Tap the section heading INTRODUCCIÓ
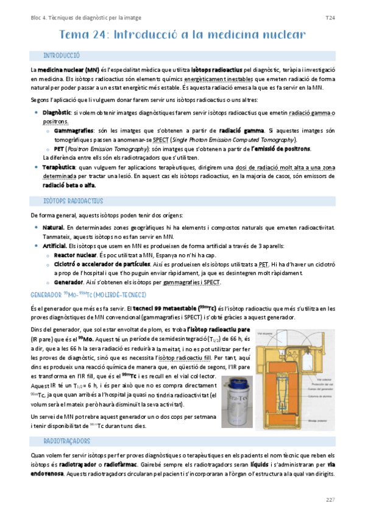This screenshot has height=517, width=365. [61, 55]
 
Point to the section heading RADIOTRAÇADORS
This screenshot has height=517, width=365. [66, 440]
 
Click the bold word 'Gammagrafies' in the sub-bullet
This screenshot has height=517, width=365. [73, 130]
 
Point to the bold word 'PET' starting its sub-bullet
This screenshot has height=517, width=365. [59, 148]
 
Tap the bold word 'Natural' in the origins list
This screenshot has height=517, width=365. [53, 227]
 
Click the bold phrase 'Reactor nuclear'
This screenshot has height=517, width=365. [75, 255]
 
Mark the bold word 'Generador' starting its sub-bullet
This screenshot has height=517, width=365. [68, 282]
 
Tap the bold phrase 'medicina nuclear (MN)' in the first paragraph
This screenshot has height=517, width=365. [68, 71]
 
